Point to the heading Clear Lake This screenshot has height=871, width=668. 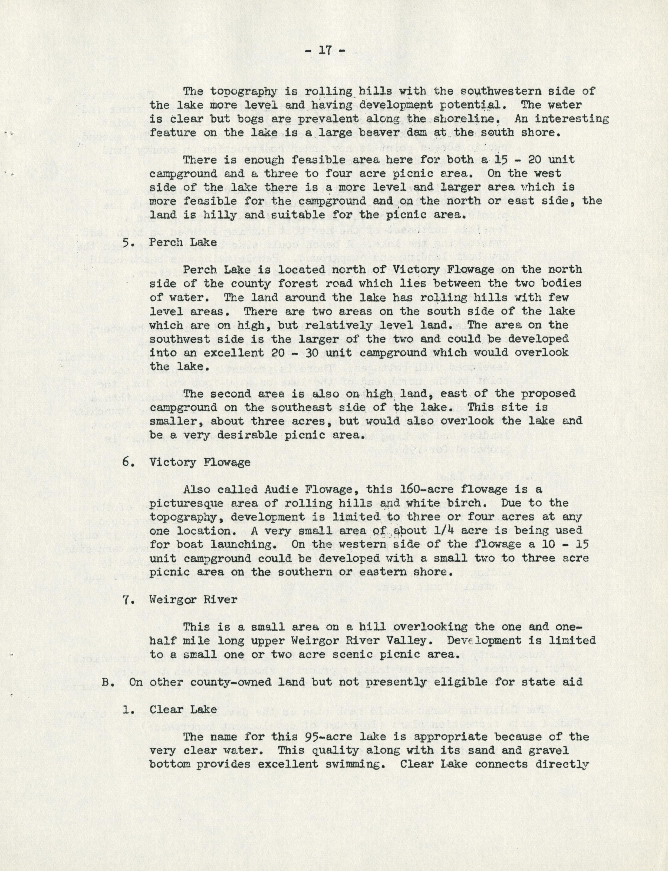[183, 709]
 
